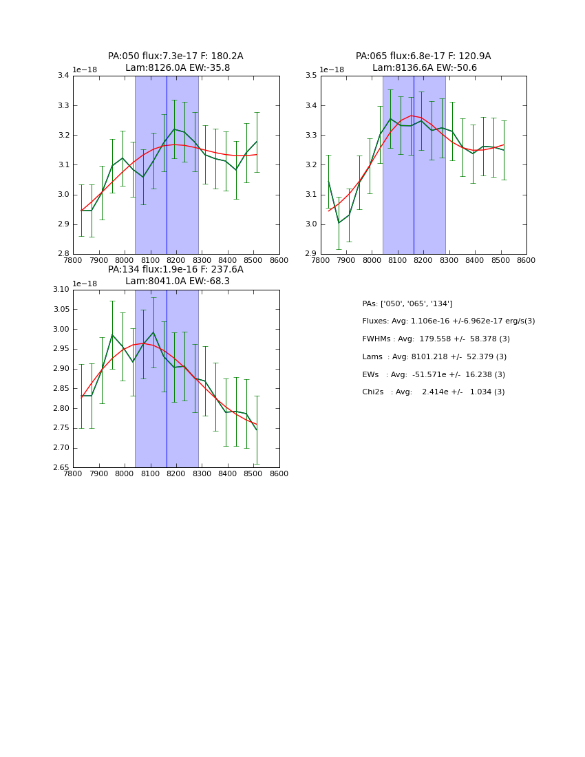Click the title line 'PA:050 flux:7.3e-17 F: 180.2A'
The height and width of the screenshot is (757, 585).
point(175,56)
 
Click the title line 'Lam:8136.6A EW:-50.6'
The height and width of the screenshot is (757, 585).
point(424,68)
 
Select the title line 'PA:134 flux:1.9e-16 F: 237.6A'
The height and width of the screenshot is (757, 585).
point(175,270)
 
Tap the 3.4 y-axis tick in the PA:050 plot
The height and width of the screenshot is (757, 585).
point(63,76)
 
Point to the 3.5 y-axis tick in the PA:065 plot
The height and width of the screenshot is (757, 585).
point(310,76)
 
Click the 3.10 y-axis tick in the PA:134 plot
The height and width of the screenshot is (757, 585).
point(61,290)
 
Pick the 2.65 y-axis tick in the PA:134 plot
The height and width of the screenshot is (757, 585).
point(61,467)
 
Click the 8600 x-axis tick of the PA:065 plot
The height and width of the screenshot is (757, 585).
point(526,261)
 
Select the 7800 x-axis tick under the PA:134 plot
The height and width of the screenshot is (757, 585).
point(73,474)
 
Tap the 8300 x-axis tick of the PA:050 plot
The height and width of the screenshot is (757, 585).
point(202,261)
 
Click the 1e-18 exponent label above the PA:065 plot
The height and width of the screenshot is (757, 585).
point(332,70)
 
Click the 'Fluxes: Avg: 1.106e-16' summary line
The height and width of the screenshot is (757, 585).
point(448,321)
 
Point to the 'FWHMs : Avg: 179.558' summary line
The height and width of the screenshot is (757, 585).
point(436,339)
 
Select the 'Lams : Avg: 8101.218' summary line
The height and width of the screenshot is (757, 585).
point(434,357)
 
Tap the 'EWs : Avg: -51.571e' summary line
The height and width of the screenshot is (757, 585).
point(434,375)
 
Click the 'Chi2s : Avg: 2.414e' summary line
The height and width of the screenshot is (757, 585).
point(433,392)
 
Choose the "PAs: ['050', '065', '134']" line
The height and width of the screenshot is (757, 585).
point(407,303)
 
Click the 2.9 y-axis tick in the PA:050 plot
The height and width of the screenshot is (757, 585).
point(63,224)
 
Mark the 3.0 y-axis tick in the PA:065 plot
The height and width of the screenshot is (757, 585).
point(310,224)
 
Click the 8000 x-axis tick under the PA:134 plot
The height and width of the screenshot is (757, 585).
point(125,474)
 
